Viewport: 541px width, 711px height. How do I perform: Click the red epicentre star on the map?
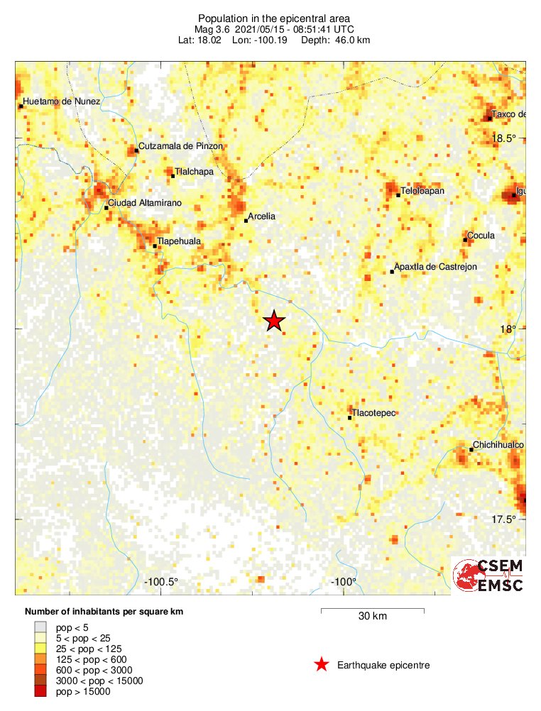click(274, 321)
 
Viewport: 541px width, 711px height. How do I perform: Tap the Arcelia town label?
click(261, 216)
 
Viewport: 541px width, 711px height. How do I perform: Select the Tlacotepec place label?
click(374, 412)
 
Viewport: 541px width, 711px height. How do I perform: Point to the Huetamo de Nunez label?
click(62, 101)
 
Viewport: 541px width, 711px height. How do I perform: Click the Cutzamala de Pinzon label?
click(181, 146)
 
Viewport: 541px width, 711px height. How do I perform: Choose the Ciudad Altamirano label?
click(145, 203)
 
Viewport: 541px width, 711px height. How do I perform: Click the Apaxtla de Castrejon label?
click(436, 267)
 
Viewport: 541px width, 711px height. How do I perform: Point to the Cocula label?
click(481, 236)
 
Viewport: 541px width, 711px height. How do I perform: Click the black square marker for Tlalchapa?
click(172, 175)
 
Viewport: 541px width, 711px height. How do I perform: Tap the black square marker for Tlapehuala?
click(155, 246)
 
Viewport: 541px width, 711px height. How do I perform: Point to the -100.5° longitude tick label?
click(162, 583)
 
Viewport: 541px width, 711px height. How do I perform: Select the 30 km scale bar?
click(372, 610)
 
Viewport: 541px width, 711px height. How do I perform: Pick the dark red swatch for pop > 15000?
click(40, 692)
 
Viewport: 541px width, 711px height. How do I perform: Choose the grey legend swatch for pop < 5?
click(40, 627)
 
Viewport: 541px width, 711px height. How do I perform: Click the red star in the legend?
click(322, 665)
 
